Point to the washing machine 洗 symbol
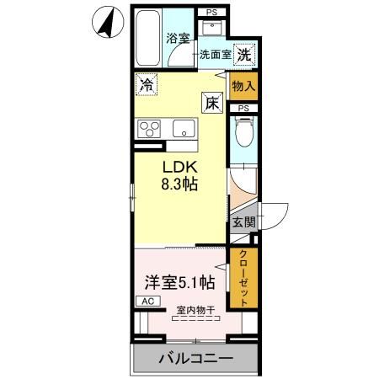click(x=243, y=54)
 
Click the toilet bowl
click(x=244, y=132)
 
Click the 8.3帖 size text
click(x=179, y=183)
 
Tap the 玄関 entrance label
click(x=243, y=222)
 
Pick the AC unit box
click(x=146, y=302)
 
